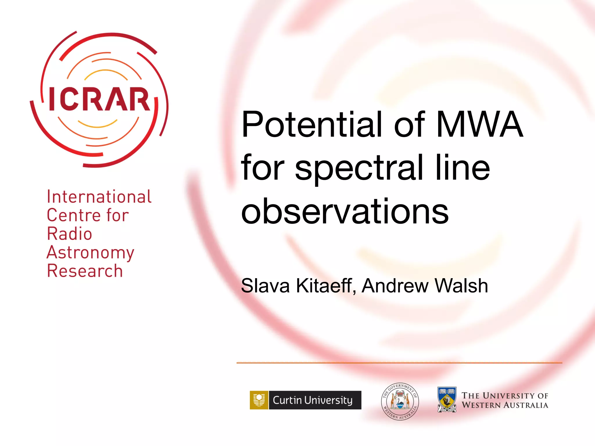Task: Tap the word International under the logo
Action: (x=99, y=197)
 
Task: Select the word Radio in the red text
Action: (x=69, y=234)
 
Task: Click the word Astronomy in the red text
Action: (x=90, y=252)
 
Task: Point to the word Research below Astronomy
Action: (x=85, y=271)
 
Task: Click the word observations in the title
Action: (x=345, y=211)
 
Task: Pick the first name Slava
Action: (x=265, y=286)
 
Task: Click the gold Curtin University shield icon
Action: (x=259, y=400)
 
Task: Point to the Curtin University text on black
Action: (x=313, y=400)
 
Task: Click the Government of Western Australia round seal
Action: (x=400, y=401)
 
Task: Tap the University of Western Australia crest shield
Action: (x=447, y=400)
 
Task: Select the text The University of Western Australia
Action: (x=505, y=400)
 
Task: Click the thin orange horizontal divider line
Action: (x=399, y=363)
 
